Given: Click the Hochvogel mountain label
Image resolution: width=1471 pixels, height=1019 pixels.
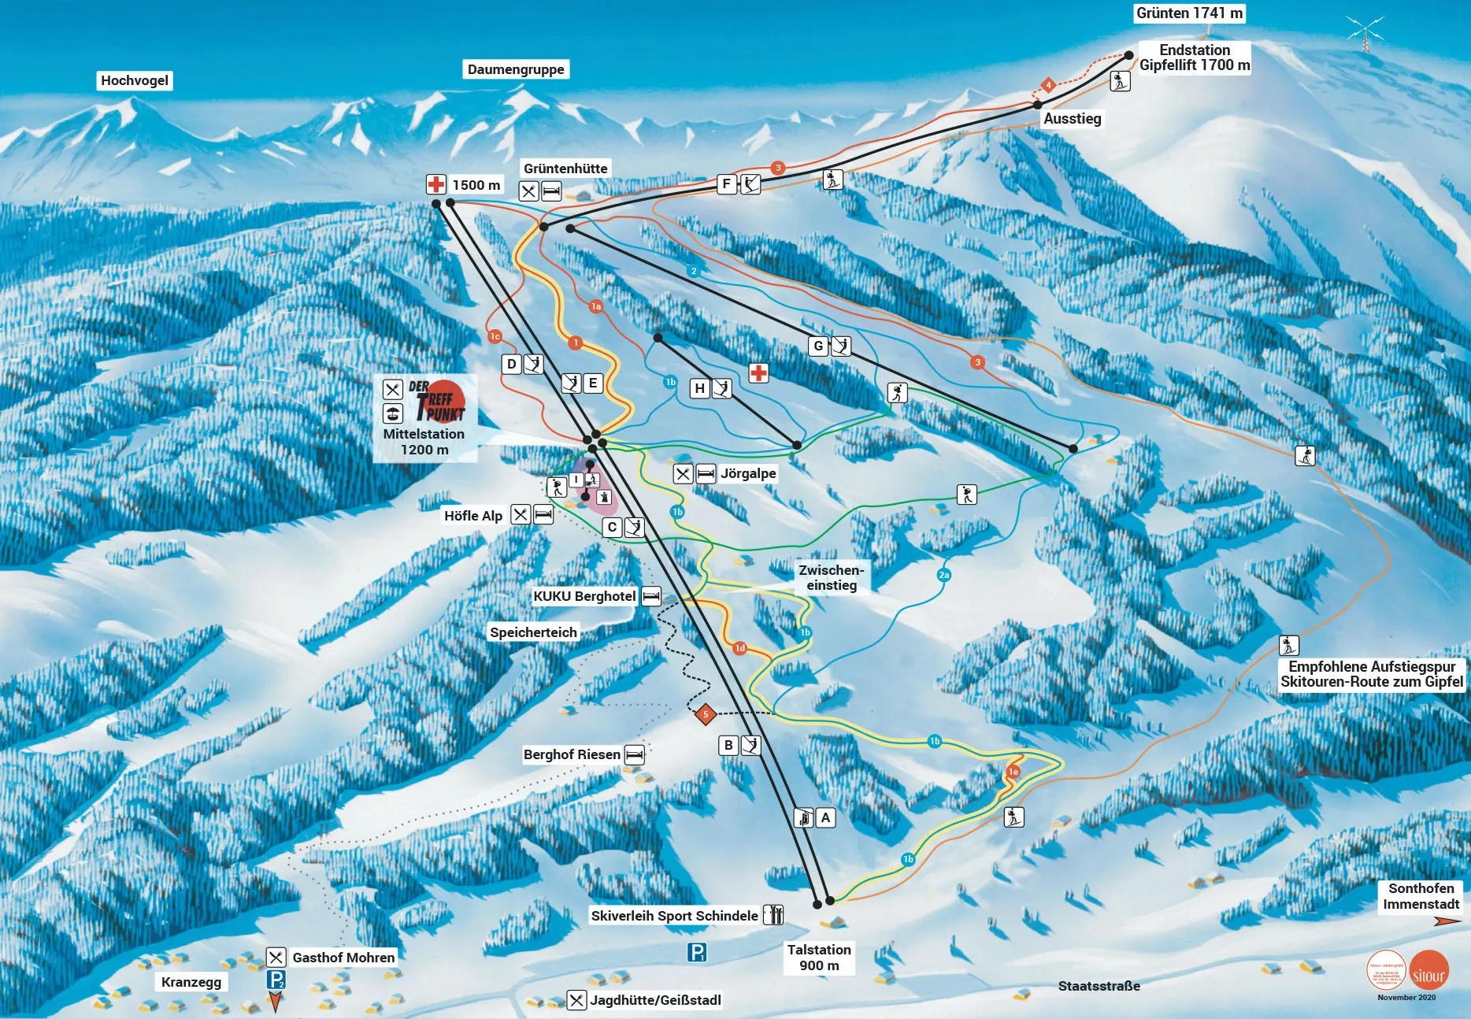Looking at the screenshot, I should [x=134, y=80].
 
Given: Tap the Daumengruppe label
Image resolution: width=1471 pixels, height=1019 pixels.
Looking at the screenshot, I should [x=516, y=69].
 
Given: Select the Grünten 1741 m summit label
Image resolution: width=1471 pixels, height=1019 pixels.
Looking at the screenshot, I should [x=1189, y=13].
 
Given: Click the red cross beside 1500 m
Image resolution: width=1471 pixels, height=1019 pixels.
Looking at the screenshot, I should [x=435, y=184].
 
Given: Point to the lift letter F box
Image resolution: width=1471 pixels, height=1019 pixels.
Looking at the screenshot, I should [x=727, y=183].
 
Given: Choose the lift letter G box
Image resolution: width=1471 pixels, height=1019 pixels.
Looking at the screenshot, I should [x=818, y=346].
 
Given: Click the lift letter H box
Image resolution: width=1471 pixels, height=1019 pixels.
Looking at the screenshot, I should [x=699, y=388].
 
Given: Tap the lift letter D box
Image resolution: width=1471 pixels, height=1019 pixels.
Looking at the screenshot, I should [x=512, y=364].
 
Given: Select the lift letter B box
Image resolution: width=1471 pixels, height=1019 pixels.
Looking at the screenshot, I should [x=728, y=745].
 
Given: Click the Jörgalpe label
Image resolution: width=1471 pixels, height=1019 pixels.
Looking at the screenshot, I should [x=748, y=473].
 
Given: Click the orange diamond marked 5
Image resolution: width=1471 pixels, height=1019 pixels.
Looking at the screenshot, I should [x=706, y=714].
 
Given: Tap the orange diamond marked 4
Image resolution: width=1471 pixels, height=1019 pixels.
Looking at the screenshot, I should [x=1048, y=85].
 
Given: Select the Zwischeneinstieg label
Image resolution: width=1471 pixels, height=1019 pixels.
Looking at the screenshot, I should [x=831, y=577].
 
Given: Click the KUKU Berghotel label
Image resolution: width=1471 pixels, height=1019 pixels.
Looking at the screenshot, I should [x=584, y=596].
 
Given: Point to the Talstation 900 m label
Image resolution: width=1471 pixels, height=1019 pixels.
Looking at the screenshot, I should [x=819, y=958].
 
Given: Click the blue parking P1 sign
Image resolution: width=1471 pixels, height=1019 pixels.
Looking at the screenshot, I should [x=697, y=953].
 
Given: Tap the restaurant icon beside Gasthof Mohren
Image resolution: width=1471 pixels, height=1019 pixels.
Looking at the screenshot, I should [x=276, y=958].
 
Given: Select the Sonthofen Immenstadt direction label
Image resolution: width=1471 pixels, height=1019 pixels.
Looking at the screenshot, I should [x=1421, y=896].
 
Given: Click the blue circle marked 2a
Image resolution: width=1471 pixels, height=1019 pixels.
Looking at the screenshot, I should [x=944, y=575].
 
